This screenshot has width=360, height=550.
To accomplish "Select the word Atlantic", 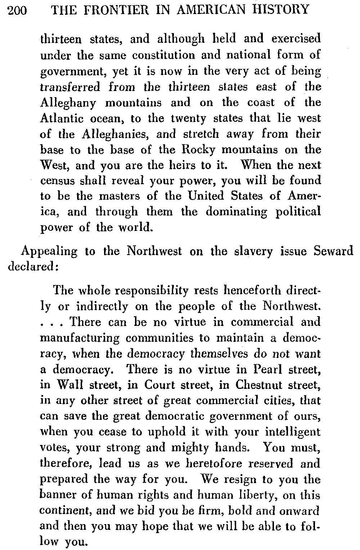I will (61, 118).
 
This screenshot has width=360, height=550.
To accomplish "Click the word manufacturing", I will (79, 338).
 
